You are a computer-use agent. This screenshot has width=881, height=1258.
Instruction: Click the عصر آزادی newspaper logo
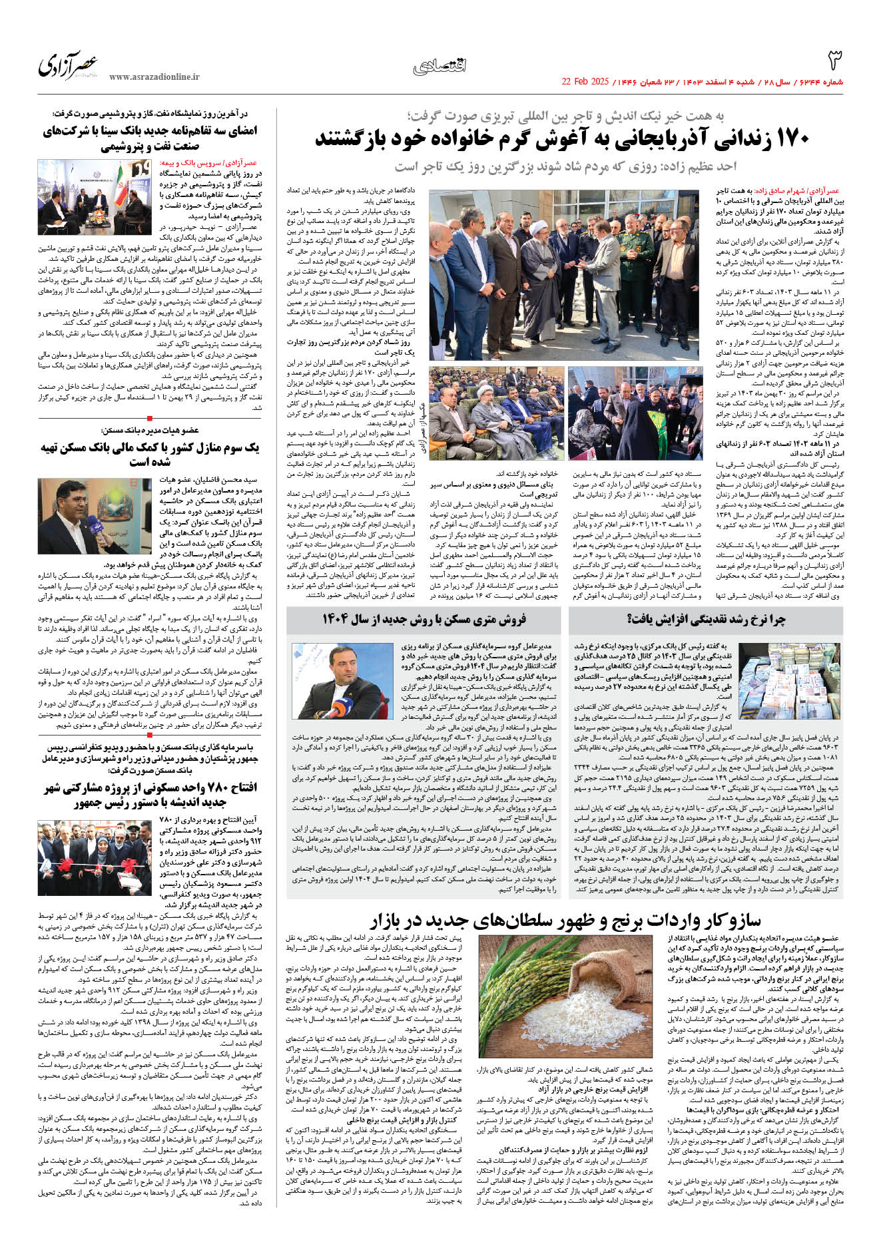68,65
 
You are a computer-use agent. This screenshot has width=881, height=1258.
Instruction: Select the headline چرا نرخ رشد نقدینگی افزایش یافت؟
706,619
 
